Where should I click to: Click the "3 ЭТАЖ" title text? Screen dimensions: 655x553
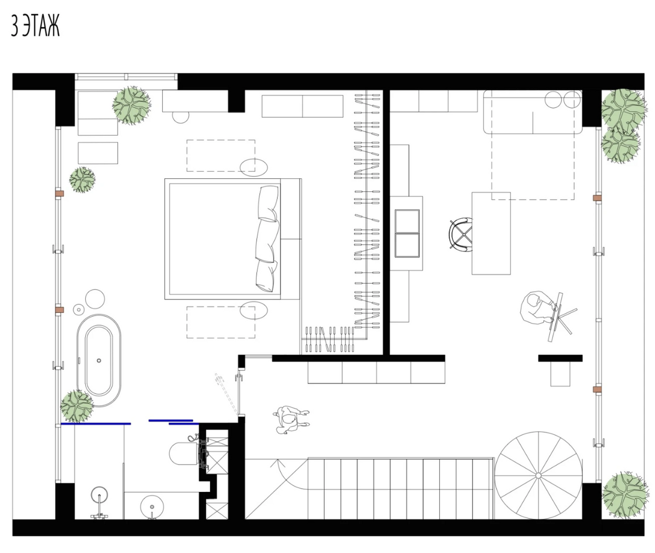point(35,26)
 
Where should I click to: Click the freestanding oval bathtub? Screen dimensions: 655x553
point(99,360)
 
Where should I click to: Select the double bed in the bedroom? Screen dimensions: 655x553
point(233,239)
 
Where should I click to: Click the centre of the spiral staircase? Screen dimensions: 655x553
point(538,476)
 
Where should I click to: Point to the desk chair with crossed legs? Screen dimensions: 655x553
point(461,235)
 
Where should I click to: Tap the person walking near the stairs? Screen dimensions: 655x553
point(290,420)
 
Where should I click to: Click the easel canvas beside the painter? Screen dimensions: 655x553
point(555,317)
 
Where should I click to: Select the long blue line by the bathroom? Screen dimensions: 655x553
point(96,424)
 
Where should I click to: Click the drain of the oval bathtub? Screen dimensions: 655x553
point(99,360)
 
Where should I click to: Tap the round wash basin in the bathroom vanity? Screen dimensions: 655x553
point(152,507)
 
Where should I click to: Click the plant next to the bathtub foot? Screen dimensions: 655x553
point(77,406)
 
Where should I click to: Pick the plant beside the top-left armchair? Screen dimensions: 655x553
point(132,106)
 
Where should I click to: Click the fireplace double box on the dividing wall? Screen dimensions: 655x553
point(407,233)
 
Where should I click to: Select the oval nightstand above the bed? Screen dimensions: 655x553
point(254,167)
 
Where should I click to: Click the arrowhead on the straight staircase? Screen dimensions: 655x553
point(277,462)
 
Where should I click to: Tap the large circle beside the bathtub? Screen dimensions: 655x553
point(95,299)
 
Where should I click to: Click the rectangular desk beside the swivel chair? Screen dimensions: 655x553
point(491,233)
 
